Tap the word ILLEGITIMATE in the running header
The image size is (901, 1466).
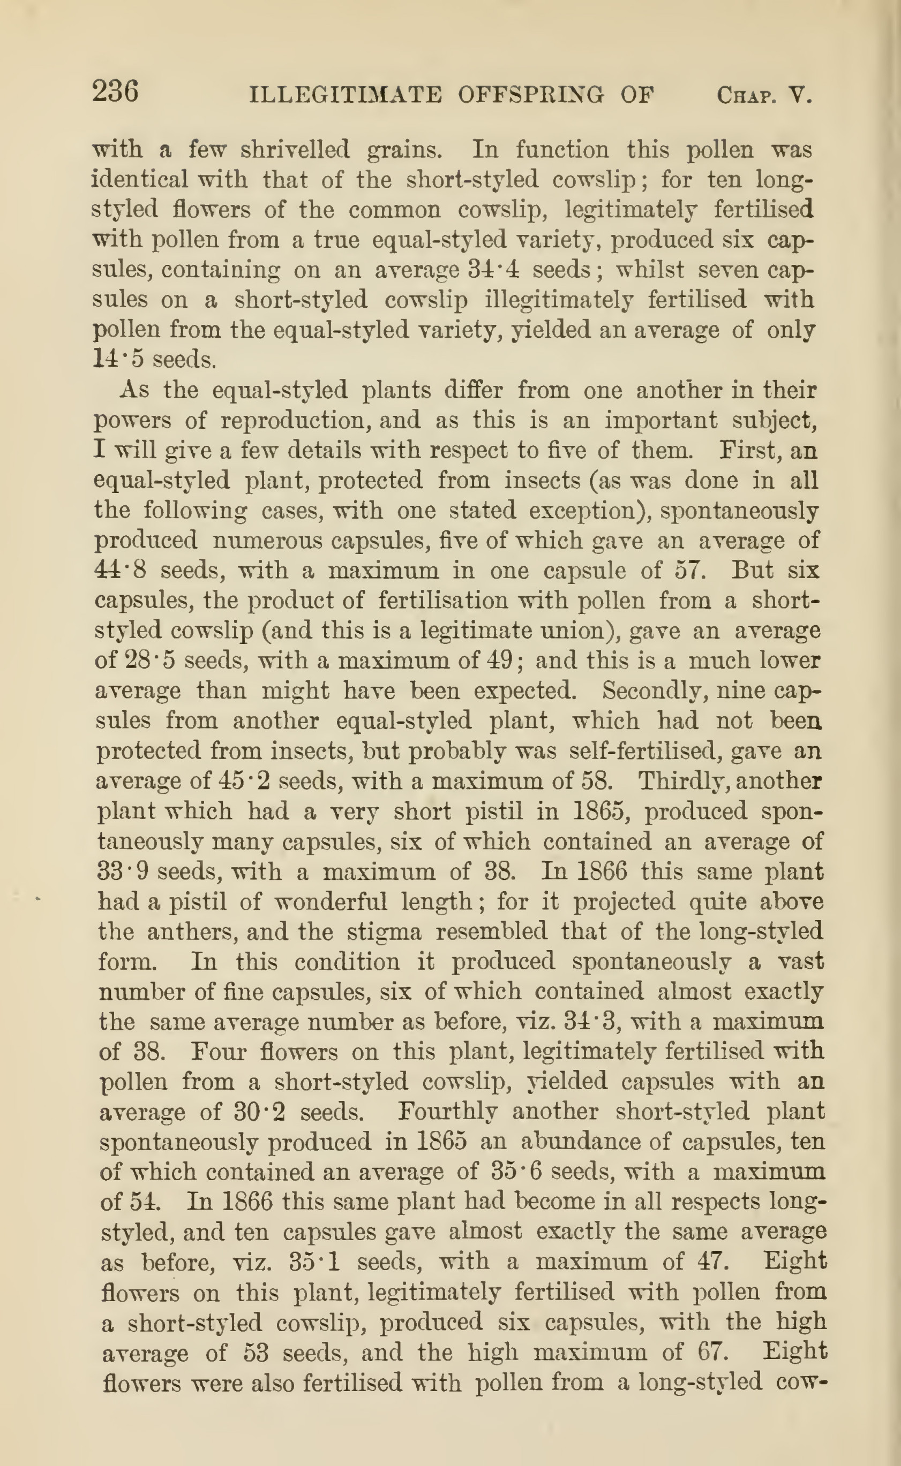346,95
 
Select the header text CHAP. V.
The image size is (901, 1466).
764,95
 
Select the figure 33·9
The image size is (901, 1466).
123,871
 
